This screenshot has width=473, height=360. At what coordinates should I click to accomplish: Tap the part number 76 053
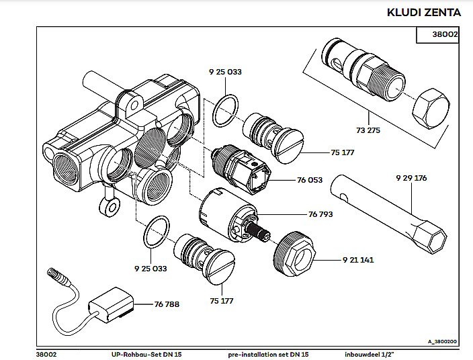point(310,180)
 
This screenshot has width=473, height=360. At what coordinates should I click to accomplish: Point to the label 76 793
point(321,215)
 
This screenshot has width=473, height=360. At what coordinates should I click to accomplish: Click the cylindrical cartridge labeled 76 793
point(227,212)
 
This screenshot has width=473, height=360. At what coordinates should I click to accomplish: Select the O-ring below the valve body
point(157,232)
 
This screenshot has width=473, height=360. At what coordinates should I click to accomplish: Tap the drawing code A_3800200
point(441,342)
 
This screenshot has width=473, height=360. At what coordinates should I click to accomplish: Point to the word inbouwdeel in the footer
point(362,353)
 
